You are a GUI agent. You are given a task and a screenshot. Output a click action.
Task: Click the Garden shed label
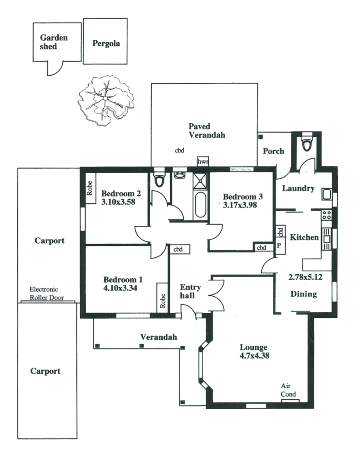coord(54,42)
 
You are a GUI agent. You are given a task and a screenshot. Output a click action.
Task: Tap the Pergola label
coord(106,44)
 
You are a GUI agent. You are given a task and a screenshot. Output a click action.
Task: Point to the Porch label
coord(273,151)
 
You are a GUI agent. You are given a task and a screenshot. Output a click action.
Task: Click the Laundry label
coord(298,188)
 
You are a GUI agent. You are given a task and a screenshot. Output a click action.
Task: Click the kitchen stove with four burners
coord(327,215)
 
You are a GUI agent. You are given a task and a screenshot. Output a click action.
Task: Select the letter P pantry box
coord(278,245)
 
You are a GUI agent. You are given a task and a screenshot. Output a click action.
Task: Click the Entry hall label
coord(190,291)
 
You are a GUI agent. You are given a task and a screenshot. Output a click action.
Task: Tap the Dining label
coord(304,294)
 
